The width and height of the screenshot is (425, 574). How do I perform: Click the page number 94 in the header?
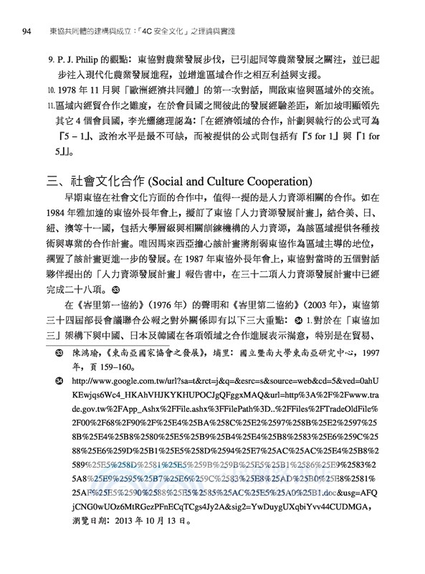pos(27,30)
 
